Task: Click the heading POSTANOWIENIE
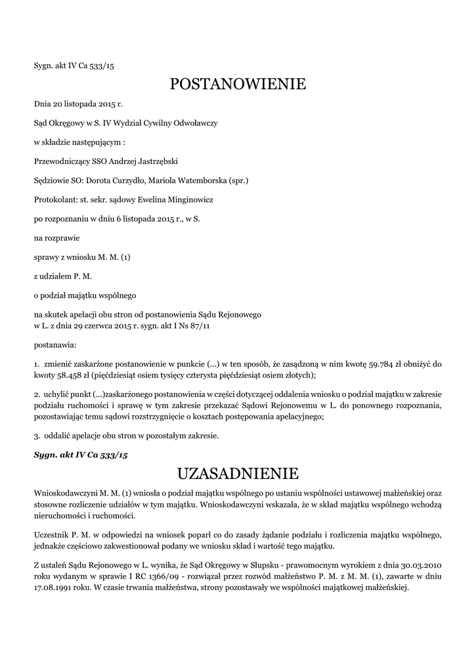point(238,84)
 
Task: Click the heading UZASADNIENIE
point(238,473)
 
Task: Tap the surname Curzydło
point(116,180)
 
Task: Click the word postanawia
point(54,343)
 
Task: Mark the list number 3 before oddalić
point(36,435)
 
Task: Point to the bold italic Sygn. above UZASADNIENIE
point(46,454)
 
